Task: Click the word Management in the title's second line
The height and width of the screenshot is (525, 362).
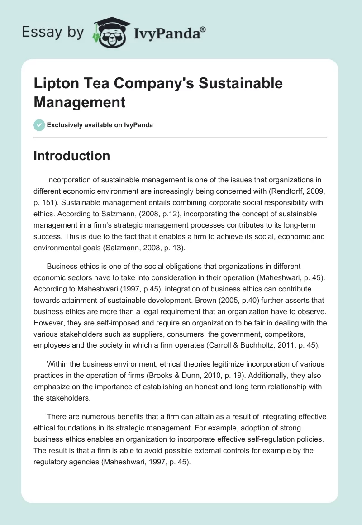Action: point(79,102)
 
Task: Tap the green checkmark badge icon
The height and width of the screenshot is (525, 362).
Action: point(39,125)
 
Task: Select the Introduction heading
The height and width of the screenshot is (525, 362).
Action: point(72,156)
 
